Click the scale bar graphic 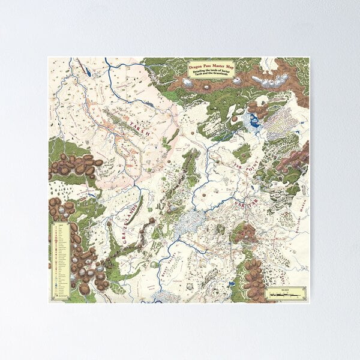point(286,296)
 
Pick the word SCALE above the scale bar point(286,290)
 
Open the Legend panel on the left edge point(61,260)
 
